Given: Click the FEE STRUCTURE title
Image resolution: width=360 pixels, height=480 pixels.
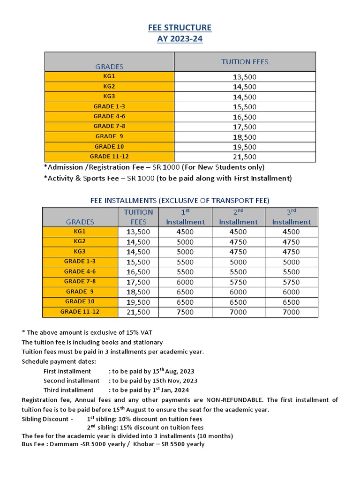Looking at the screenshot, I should [x=180, y=28].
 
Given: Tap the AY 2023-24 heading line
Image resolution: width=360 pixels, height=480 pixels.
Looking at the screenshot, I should [x=180, y=39].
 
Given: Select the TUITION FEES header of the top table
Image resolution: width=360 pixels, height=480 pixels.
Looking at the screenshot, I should [x=245, y=62].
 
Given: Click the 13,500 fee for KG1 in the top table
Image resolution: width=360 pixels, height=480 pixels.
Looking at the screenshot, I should [x=245, y=77].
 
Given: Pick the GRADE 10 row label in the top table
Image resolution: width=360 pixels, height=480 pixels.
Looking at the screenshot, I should [x=109, y=146].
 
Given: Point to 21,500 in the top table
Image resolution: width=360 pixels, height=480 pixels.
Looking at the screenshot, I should [x=245, y=157].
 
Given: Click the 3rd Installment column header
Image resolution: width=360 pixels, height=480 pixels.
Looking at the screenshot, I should [x=291, y=217].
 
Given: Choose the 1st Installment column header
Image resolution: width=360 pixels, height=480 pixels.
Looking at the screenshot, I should [x=185, y=217].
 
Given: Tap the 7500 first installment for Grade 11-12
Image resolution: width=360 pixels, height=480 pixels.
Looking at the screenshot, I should [x=185, y=312].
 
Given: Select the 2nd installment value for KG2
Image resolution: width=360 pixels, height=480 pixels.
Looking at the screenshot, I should [x=238, y=242].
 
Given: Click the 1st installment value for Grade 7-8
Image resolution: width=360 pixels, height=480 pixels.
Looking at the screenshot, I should [x=185, y=282].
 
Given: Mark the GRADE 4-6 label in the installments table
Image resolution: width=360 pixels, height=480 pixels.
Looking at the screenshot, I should [x=80, y=271].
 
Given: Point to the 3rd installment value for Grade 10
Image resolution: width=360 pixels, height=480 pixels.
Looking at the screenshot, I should [x=291, y=302].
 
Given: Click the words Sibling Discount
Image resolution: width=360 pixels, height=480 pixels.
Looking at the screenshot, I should [x=47, y=419].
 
